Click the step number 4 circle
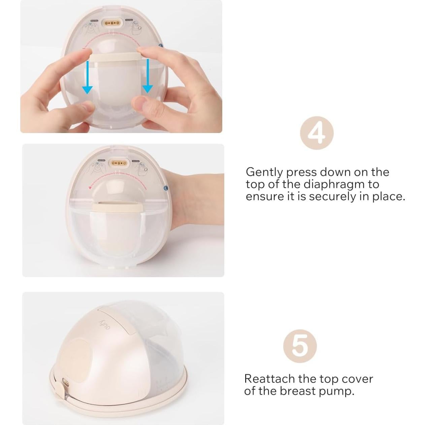(317, 133)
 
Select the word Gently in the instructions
(264, 172)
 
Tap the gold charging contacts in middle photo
(117, 163)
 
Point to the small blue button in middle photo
(165, 189)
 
